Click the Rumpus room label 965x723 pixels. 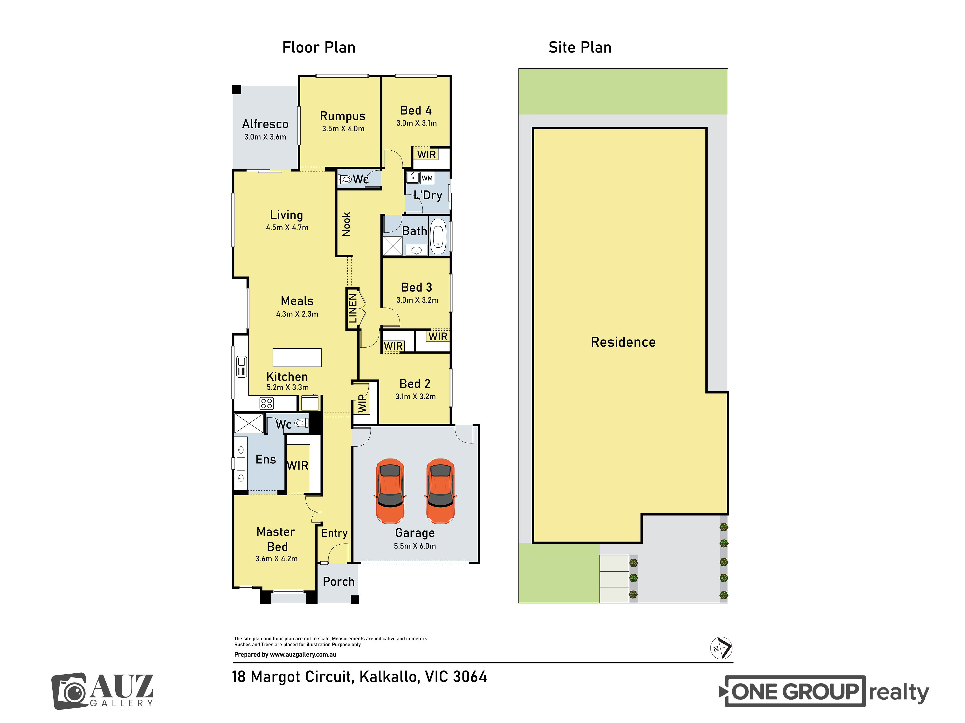pyautogui.click(x=343, y=116)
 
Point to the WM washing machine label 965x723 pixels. pyautogui.click(x=427, y=178)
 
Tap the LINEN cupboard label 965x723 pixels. pyautogui.click(x=352, y=308)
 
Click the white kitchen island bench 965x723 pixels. pyautogui.click(x=297, y=357)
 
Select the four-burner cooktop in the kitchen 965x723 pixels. pyautogui.click(x=267, y=403)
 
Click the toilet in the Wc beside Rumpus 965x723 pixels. pyautogui.click(x=345, y=179)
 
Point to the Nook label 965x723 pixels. pyautogui.click(x=346, y=224)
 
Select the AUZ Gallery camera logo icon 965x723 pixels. pyautogui.click(x=70, y=691)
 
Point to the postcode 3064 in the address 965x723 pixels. pyautogui.click(x=470, y=677)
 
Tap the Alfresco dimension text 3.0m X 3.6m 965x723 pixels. pyautogui.click(x=265, y=137)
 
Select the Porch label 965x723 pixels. pyautogui.click(x=338, y=582)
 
